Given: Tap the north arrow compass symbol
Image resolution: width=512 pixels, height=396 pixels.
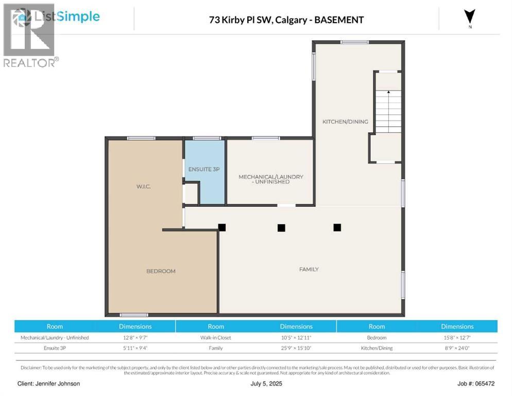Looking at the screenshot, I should click(469, 17).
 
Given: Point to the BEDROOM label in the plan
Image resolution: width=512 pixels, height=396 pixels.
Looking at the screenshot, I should click(161, 271).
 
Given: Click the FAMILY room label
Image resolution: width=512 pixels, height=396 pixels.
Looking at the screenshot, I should click(309, 269).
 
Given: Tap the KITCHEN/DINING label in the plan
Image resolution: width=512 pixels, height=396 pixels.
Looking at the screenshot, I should click(345, 122).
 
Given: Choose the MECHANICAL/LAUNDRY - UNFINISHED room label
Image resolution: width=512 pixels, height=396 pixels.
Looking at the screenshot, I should click(270, 179).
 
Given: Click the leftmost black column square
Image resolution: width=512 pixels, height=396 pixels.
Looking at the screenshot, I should click(222, 227).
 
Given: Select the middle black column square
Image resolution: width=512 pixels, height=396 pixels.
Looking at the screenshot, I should click(281, 227).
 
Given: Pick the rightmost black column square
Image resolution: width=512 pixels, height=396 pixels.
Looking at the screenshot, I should click(337, 227).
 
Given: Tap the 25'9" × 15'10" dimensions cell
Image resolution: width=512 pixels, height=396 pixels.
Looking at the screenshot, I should click(296, 348).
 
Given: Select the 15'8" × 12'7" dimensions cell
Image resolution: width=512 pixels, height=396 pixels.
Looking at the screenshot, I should click(457, 338).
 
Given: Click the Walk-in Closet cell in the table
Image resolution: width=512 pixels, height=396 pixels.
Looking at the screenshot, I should click(216, 338).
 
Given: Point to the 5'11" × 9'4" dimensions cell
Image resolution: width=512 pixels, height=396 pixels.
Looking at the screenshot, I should click(135, 348).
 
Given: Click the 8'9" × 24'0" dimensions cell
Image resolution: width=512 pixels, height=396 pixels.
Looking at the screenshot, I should click(457, 348).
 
